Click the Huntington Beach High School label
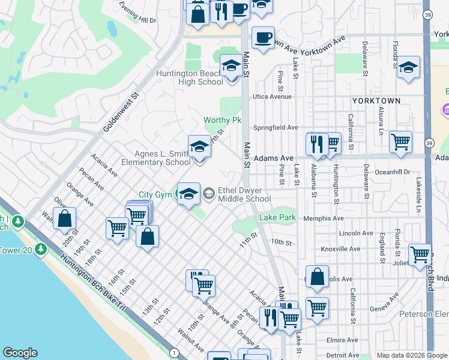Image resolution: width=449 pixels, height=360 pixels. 189,78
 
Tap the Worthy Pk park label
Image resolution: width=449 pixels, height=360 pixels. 221,121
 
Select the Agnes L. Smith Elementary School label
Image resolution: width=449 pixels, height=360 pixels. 155,158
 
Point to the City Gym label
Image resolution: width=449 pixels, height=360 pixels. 155,194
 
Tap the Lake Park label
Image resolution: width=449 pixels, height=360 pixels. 277,217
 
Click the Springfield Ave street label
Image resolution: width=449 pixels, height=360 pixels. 276,128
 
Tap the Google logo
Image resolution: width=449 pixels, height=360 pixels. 20,353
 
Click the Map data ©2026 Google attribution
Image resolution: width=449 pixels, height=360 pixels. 412,355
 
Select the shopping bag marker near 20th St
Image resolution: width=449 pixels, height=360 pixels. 64,219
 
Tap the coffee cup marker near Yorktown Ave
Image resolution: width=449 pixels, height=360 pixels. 262,38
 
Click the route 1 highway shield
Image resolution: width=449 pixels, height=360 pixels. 174,352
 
